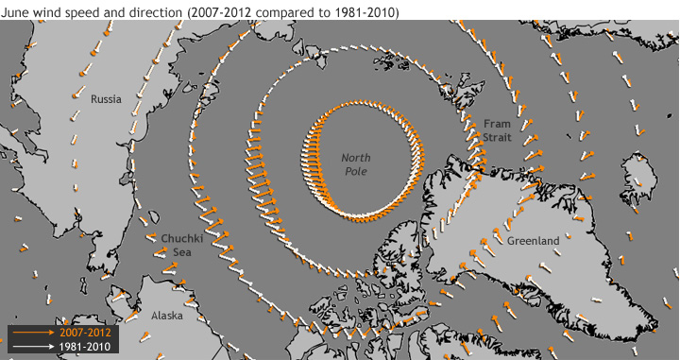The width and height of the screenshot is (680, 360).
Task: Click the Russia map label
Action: coord(107,98)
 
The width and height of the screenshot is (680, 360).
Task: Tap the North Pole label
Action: coord(356,163)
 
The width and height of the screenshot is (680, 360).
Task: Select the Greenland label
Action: coord(534,241)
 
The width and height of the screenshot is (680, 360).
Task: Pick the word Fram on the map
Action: coord(496,124)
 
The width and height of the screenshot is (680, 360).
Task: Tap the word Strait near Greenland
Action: coord(497,137)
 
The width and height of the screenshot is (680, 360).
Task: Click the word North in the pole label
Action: coord(356,157)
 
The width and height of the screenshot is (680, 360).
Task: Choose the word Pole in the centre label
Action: coord(356,171)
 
